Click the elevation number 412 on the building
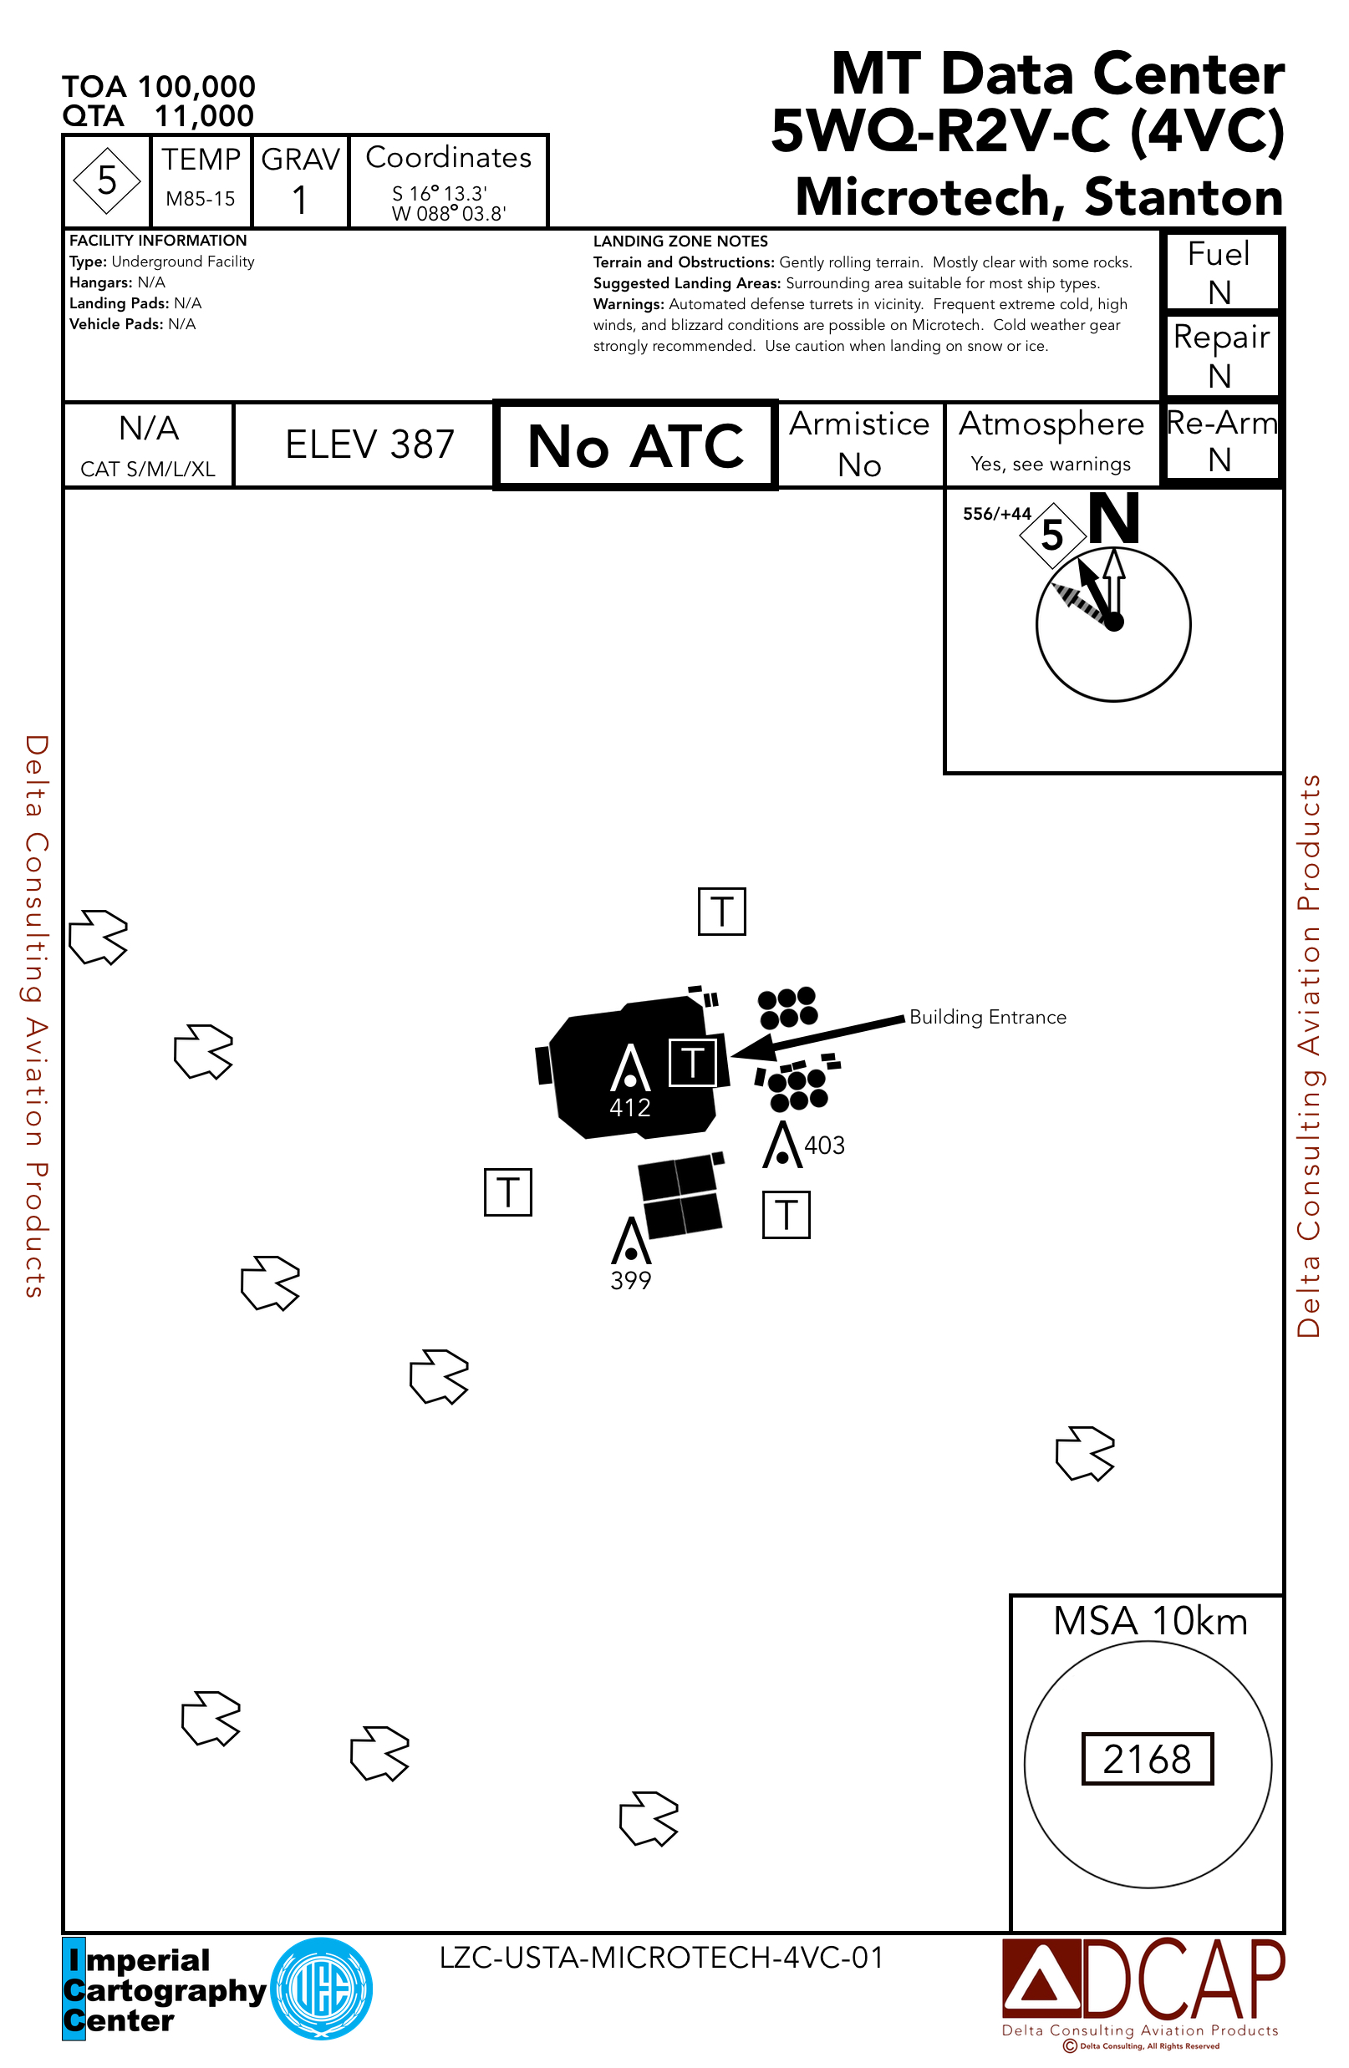tap(630, 1108)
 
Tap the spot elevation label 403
tap(824, 1146)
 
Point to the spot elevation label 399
tap(630, 1281)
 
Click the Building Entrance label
tap(987, 1018)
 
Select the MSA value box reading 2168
tap(1147, 1760)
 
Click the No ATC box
tap(634, 445)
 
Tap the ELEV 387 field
tap(369, 445)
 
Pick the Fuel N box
tap(1219, 272)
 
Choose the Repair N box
tap(1220, 355)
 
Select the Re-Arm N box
tap(1220, 440)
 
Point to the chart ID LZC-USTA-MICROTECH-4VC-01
tap(660, 1958)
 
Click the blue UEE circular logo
tap(322, 1989)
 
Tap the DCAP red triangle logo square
tap(1041, 1979)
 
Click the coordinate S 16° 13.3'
tap(439, 194)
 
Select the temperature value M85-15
tap(200, 199)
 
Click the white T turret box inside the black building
tap(692, 1062)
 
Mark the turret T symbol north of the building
tap(721, 912)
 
